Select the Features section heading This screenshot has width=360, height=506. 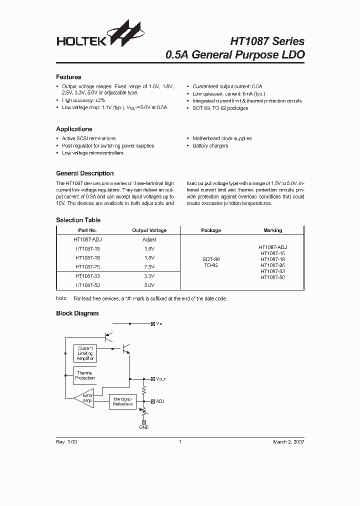coord(68,77)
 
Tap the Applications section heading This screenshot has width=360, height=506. coord(74,129)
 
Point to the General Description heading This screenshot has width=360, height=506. coord(84,173)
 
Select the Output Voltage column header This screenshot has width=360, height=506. coord(149,230)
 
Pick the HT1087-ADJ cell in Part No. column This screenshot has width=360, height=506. coord(88,239)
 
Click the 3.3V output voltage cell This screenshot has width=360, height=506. coord(149,275)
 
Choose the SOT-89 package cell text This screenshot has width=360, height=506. coord(211,259)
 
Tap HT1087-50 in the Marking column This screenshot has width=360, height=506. coord(272,277)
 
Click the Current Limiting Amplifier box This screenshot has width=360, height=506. coord(85,353)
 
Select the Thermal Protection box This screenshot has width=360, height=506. coord(85,375)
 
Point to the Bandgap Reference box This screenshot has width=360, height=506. coord(122,401)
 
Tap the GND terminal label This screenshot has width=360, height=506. coord(144,427)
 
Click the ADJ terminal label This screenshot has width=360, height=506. coord(160,401)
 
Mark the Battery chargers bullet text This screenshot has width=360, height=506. coord(210,146)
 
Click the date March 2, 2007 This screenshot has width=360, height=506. coord(288,442)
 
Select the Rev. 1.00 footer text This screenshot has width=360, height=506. coord(66,442)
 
